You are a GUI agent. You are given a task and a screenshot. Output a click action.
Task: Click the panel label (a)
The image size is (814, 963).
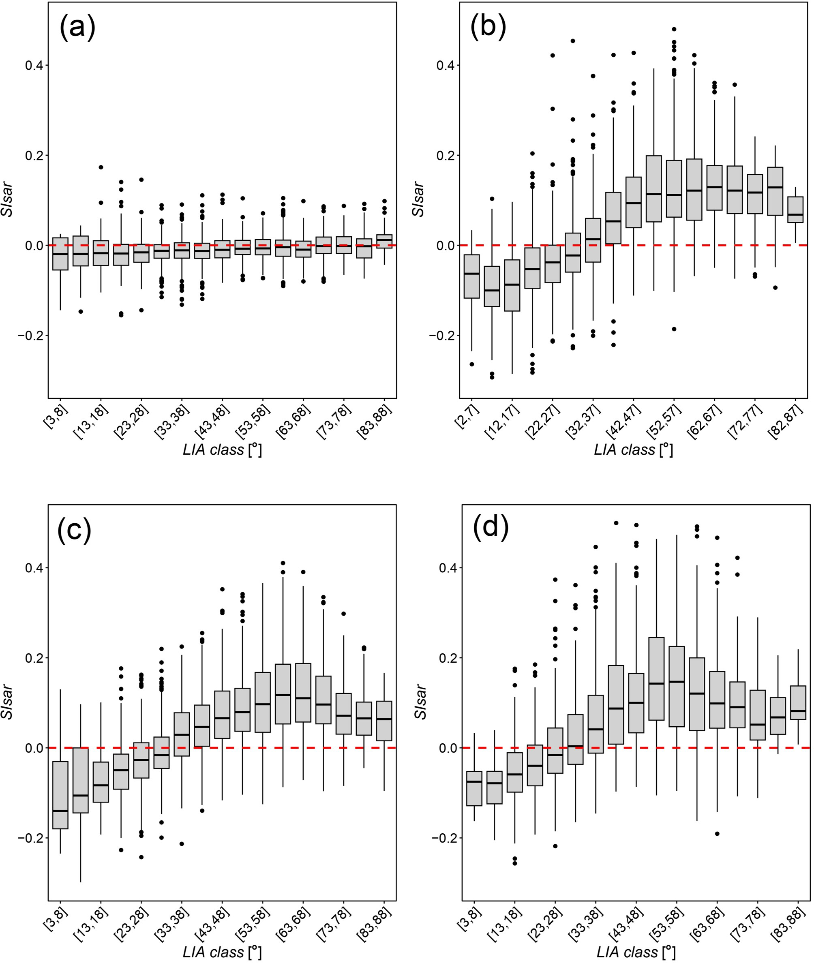[x=77, y=28]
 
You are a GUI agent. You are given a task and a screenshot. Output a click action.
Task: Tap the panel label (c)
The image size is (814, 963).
[x=74, y=530]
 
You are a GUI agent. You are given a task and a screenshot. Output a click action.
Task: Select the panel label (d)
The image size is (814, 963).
[x=491, y=526]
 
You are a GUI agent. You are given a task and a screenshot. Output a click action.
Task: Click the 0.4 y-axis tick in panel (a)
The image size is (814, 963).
[x=34, y=66]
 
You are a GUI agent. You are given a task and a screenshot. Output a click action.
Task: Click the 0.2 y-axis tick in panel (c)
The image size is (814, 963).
[x=34, y=658]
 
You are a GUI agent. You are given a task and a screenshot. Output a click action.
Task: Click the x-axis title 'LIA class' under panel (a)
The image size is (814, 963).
[x=222, y=450]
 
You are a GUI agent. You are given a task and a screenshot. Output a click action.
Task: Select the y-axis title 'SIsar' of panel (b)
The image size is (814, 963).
[x=418, y=200]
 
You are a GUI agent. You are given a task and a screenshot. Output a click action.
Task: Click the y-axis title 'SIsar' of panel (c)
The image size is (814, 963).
[x=7, y=702]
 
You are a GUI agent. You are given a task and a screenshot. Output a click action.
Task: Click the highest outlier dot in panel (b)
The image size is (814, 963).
[x=674, y=29]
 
